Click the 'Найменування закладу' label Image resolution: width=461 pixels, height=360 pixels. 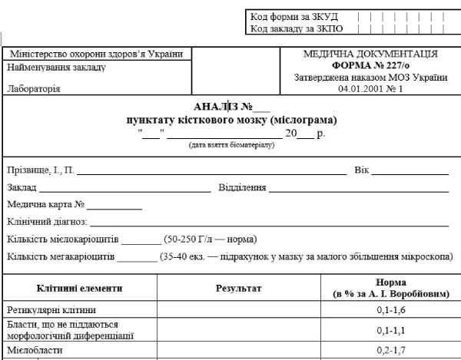56,67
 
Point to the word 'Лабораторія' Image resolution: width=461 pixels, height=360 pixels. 33,88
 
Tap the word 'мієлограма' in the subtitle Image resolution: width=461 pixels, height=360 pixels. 304,121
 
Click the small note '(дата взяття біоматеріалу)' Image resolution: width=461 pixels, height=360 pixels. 231,145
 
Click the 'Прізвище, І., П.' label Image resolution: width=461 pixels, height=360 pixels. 40,169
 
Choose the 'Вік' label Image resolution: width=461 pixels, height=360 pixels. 361,169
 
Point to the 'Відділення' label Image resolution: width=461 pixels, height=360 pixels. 243,187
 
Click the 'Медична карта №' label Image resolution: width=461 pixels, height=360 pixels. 45,205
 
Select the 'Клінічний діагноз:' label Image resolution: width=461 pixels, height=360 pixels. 47,222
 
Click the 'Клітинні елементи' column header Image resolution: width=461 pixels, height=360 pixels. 79,289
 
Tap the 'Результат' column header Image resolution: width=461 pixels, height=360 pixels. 238,289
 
